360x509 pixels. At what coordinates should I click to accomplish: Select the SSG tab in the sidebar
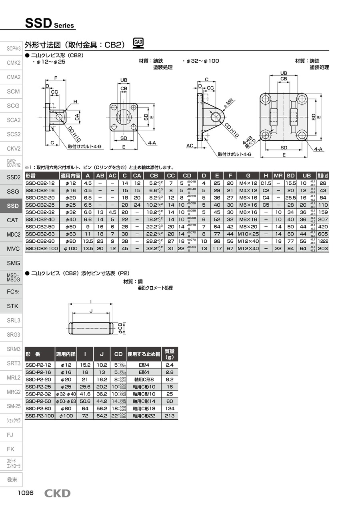click(x=13, y=192)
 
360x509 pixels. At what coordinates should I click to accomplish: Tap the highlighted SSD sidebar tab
click(x=13, y=206)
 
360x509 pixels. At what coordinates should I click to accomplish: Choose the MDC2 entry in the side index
click(x=13, y=234)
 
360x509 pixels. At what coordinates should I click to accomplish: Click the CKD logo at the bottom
click(x=57, y=493)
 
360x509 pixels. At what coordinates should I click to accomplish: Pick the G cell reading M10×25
click(x=248, y=234)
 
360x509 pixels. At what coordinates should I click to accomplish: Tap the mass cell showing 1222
click(x=323, y=241)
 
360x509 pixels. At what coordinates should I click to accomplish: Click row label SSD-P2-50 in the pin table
click(x=38, y=401)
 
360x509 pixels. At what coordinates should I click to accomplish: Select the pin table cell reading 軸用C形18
click(x=144, y=408)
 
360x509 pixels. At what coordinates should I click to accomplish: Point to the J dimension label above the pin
click(x=92, y=311)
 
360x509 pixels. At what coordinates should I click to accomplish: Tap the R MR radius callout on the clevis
click(x=229, y=105)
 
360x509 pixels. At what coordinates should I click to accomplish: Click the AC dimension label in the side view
click(x=190, y=146)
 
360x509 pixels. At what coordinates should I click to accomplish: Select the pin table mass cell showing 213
click(x=170, y=416)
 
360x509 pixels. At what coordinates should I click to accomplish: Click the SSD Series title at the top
click(x=50, y=24)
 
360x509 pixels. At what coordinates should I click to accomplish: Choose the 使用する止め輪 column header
click(x=144, y=354)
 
